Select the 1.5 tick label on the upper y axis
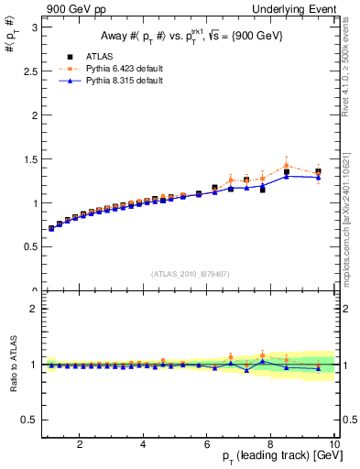[x=30, y=159]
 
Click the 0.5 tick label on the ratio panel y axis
[x=30, y=420]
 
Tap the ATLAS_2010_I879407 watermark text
[x=191, y=272]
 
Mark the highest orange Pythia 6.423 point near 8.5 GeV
[x=287, y=165]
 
